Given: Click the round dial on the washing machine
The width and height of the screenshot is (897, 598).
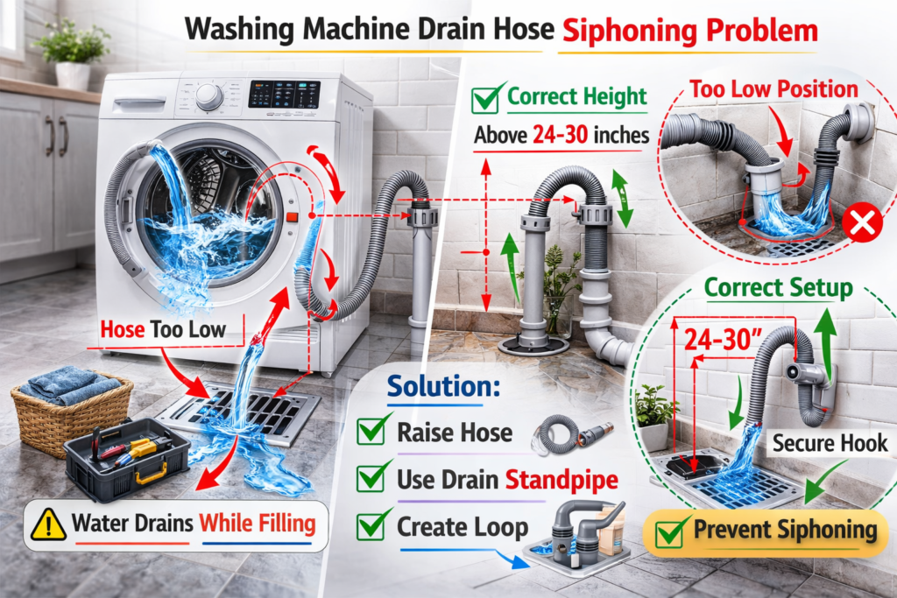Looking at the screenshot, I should (x=209, y=97).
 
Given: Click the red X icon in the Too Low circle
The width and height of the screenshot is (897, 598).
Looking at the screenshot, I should (x=861, y=226).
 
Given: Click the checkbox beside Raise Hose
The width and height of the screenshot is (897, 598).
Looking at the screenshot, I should (x=375, y=432).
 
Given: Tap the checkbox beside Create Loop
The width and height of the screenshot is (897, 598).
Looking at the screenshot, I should (x=375, y=525).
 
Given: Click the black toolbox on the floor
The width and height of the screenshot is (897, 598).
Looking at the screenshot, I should (x=127, y=456).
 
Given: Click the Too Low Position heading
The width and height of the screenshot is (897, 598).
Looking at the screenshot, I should (x=773, y=88).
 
